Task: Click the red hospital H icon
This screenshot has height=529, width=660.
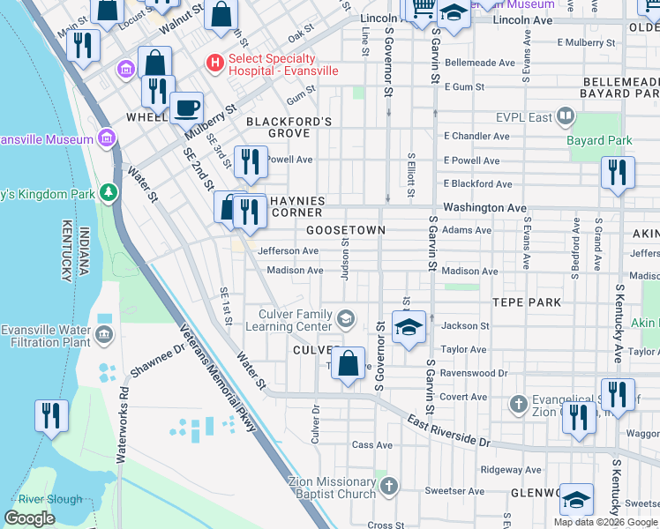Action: click(213, 63)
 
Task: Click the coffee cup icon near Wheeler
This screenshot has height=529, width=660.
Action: click(186, 109)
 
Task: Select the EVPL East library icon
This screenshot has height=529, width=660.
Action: click(566, 116)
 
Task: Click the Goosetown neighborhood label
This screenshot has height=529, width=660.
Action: click(346, 230)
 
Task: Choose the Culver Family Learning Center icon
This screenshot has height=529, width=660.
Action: click(347, 318)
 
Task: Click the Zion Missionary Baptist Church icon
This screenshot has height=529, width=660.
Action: click(389, 487)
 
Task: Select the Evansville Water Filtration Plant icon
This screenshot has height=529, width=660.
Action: click(105, 334)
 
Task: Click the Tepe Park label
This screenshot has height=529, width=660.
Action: click(526, 302)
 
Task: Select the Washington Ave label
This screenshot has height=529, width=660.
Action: click(484, 208)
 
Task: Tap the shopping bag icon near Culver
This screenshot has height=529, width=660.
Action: click(349, 363)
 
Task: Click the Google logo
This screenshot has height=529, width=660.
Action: click(29, 518)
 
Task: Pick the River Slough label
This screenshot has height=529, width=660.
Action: click(50, 500)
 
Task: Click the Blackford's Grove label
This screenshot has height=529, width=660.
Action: click(289, 127)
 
